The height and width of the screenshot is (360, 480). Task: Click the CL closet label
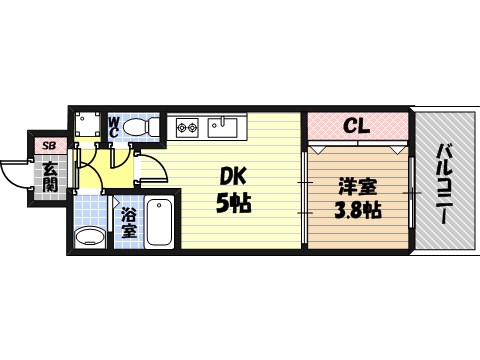coord(357,127)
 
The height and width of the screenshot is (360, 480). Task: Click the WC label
coord(114,126)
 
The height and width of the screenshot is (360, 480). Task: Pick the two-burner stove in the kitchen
coord(188,127)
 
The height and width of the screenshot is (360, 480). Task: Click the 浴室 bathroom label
coord(129,222)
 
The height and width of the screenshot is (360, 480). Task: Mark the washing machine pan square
coord(87,125)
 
